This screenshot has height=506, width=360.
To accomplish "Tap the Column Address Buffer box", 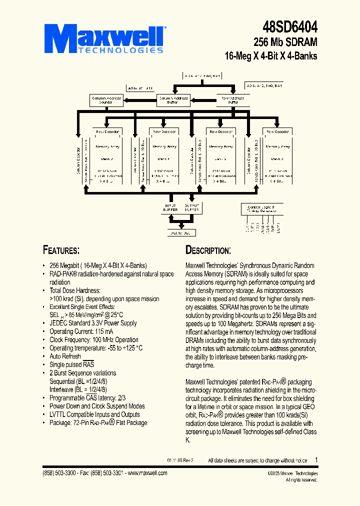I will point(173,100).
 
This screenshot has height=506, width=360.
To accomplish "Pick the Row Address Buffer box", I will point(232,100).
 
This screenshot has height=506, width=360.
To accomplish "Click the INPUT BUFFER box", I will point(170,207).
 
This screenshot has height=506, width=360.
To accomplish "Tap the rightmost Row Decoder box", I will point(277,131).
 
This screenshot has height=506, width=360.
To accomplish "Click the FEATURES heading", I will point(61,250).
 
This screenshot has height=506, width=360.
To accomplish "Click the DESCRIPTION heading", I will point(208,250).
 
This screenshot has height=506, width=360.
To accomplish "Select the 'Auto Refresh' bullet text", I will point(65,356).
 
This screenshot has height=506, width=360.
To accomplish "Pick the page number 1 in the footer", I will point(316,459).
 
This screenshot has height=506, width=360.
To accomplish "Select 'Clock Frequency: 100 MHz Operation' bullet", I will point(94,339).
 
